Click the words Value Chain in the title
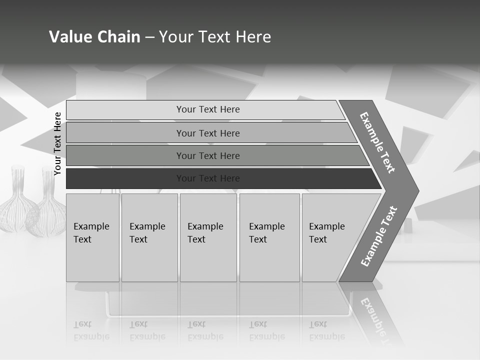click(94, 37)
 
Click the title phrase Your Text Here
click(215, 37)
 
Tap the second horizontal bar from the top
click(207, 133)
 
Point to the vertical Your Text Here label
click(57, 143)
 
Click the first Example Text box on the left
click(92, 237)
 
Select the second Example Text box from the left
click(149, 237)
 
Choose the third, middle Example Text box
click(208, 237)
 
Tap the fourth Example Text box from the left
click(269, 237)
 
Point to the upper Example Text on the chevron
click(377, 142)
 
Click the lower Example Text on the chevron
click(379, 236)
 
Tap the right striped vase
click(46, 210)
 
